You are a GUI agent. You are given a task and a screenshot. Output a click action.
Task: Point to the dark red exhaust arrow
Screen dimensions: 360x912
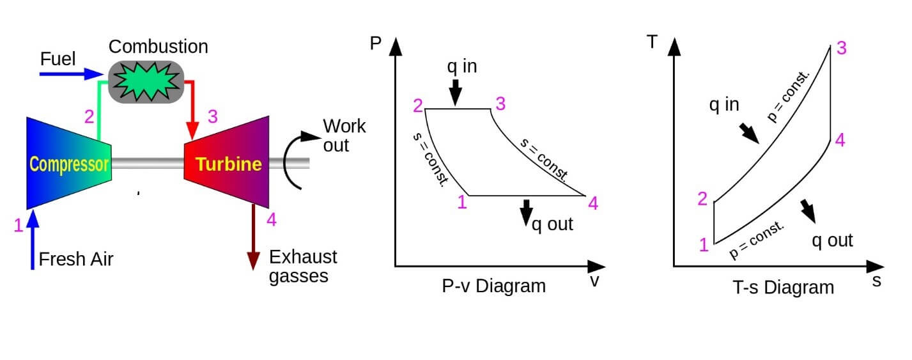[x=254, y=237]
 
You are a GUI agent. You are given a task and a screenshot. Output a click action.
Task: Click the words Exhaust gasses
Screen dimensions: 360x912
[x=302, y=267]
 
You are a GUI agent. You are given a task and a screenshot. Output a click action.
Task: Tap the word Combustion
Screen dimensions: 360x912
[x=158, y=47]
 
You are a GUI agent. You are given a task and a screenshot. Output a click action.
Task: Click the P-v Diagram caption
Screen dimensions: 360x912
[x=493, y=286]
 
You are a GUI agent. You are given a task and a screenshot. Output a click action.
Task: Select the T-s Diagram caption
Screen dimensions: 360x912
[x=783, y=287]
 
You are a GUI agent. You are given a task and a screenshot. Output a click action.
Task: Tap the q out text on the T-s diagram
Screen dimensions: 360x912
[x=832, y=240]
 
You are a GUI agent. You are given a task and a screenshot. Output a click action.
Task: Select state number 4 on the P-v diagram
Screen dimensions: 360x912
[x=592, y=203]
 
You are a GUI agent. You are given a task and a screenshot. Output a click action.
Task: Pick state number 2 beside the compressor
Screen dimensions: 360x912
[x=89, y=117]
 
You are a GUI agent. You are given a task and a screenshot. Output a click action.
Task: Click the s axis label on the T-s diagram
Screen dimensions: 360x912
[x=876, y=280]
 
